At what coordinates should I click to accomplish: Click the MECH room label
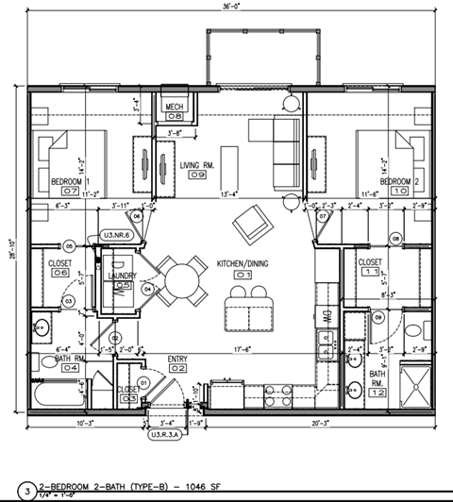tap(175, 107)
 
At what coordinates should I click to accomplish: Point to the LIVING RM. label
tap(197, 163)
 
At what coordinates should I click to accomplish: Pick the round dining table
tap(182, 280)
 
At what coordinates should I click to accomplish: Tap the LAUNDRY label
tap(124, 276)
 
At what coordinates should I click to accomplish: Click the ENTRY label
tap(176, 359)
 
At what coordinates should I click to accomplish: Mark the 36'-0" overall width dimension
tap(229, 8)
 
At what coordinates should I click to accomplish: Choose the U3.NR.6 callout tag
tap(117, 234)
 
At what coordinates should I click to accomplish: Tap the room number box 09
tap(197, 175)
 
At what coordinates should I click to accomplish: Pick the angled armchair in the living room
tap(251, 225)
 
